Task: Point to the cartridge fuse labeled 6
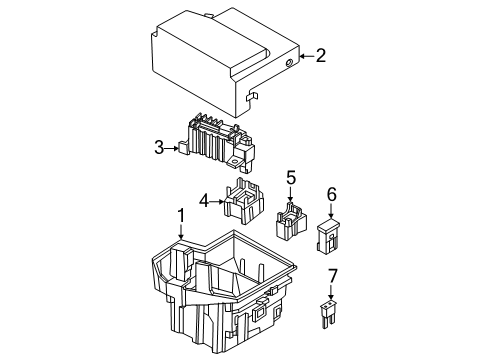tap(330, 238)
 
